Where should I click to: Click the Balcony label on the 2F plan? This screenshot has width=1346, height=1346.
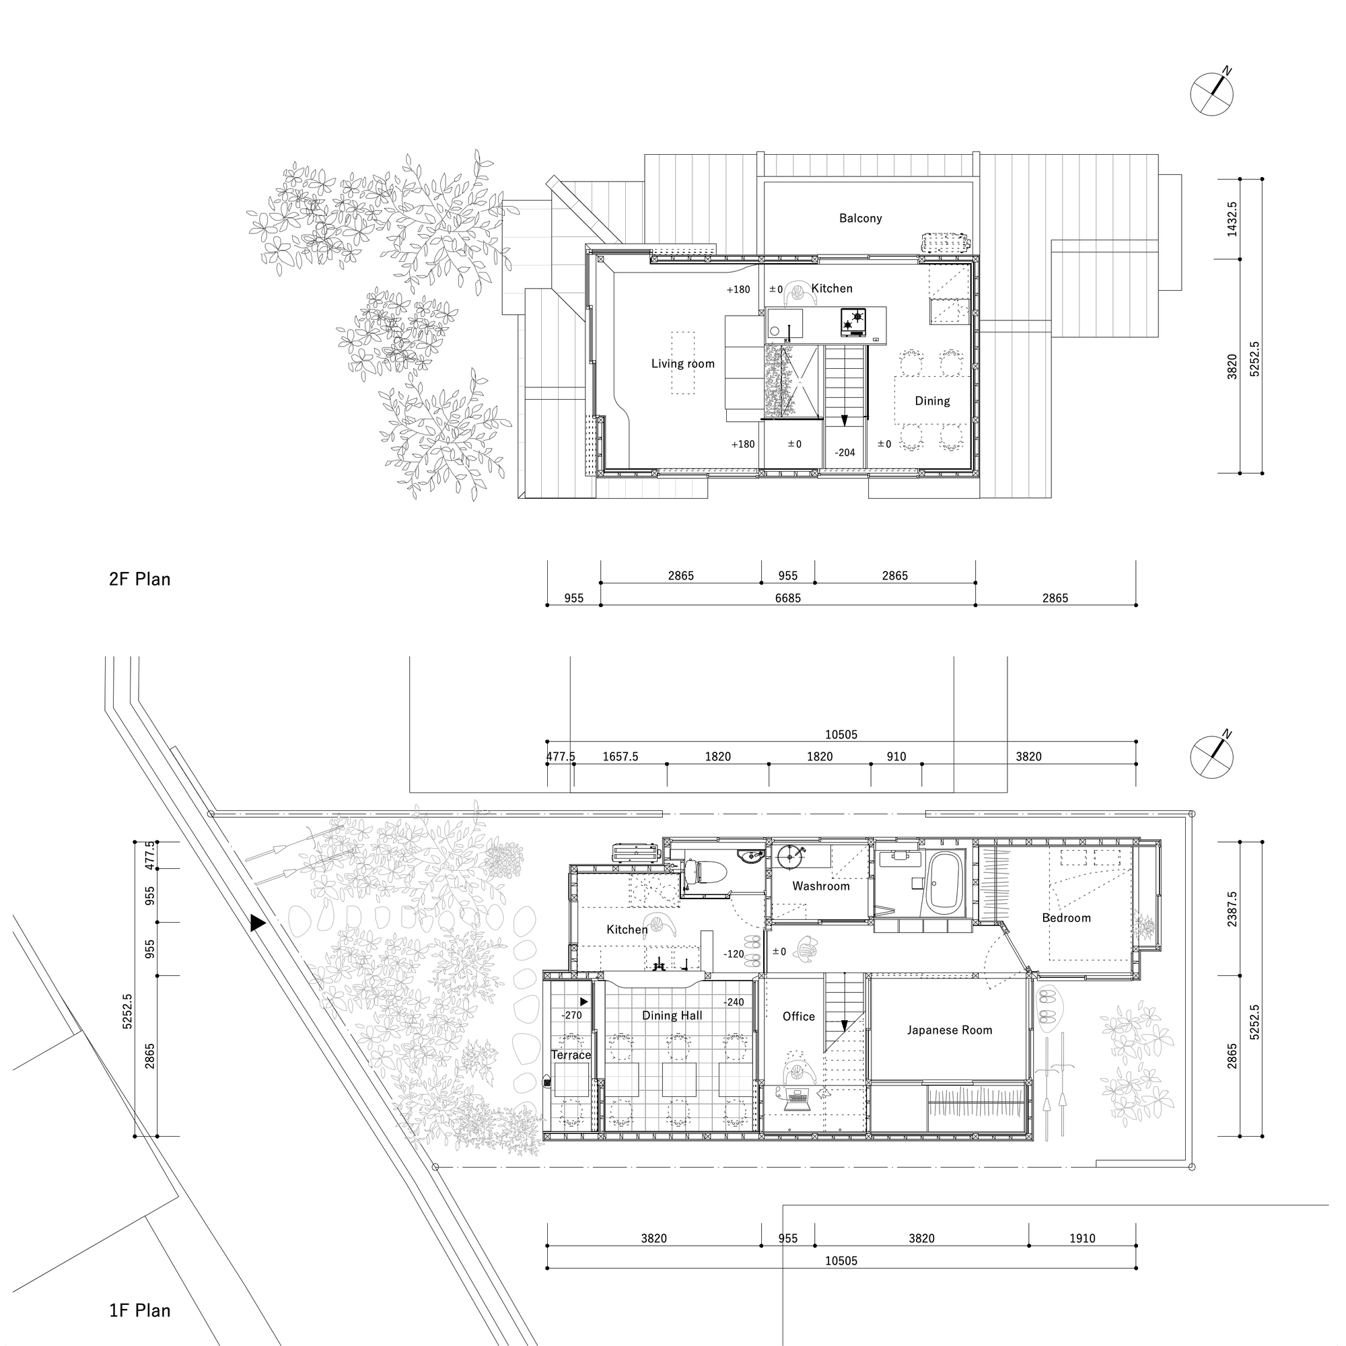[x=860, y=218]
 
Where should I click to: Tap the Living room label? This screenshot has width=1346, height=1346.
[x=682, y=363]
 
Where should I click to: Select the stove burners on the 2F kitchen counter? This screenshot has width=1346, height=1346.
[x=853, y=321]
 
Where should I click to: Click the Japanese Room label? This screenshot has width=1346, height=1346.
[x=949, y=1030]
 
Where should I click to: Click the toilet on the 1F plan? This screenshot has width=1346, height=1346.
[x=705, y=871]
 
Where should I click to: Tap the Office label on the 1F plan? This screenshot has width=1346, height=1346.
[x=798, y=1016]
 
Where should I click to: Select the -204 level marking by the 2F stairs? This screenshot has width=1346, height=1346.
[x=845, y=452]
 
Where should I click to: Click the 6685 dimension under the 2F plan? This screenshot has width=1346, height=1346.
[x=788, y=598]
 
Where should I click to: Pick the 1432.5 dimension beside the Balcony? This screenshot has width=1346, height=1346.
[x=1232, y=219]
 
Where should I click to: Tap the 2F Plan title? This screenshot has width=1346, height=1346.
[x=139, y=579]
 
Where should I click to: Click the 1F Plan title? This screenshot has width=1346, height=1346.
[x=139, y=1310]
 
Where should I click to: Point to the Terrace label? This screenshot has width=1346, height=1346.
[x=571, y=1055]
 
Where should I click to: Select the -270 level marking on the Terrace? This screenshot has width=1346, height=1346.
[x=571, y=1015]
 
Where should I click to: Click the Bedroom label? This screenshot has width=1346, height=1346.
[x=1066, y=917]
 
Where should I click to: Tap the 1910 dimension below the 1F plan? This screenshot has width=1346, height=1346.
[x=1082, y=1238]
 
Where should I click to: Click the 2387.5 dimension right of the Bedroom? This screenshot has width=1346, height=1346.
[x=1232, y=909]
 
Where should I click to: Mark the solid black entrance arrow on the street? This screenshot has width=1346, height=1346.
[x=257, y=923]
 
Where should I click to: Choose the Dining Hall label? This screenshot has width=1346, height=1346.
[x=672, y=1015]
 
